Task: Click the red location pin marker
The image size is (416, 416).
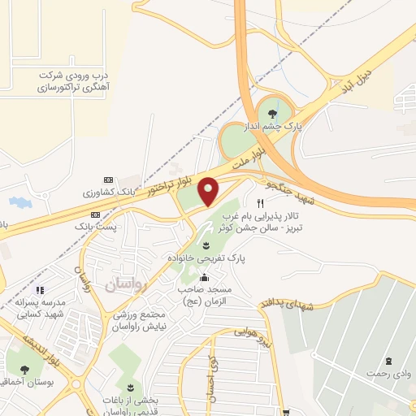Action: click(208, 191)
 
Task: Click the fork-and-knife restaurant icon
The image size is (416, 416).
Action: click(261, 203)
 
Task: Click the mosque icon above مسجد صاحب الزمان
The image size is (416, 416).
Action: click(202, 278)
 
